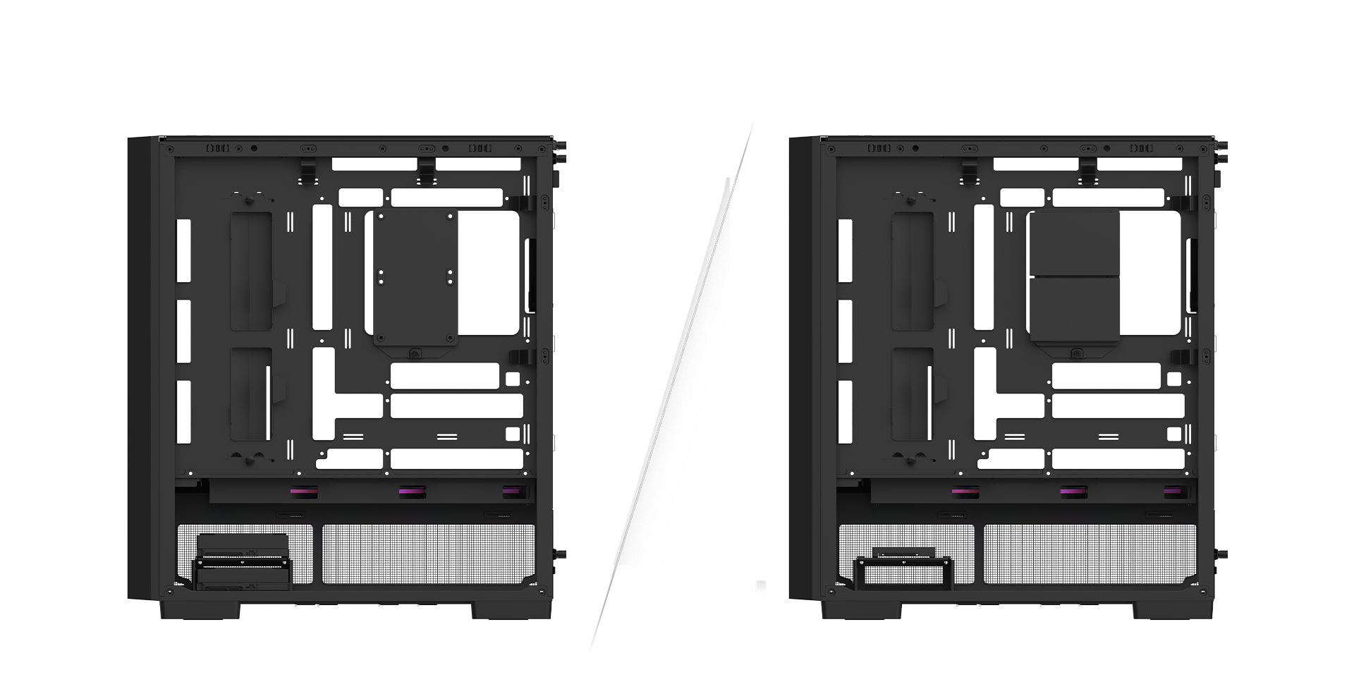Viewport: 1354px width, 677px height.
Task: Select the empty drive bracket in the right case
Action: pos(903,570)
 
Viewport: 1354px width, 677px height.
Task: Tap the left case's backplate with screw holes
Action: pos(416,279)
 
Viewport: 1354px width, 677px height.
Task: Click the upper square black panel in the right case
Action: pos(1074,244)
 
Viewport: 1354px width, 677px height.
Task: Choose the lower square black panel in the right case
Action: pos(1074,310)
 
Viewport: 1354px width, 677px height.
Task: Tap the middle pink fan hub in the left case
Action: pos(407,492)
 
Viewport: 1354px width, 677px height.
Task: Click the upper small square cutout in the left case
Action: pos(513,379)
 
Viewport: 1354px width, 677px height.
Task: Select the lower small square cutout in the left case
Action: pos(513,432)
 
